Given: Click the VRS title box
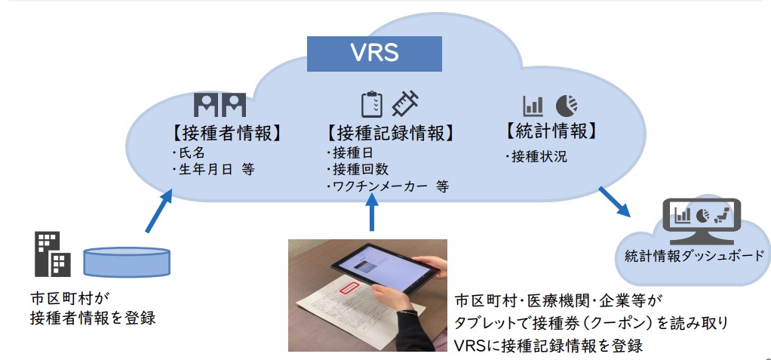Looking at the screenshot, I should point(374,54).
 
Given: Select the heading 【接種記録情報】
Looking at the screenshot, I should point(390,133).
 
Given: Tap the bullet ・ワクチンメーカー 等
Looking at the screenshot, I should point(385,186).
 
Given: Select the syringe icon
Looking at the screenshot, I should point(407,103).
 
